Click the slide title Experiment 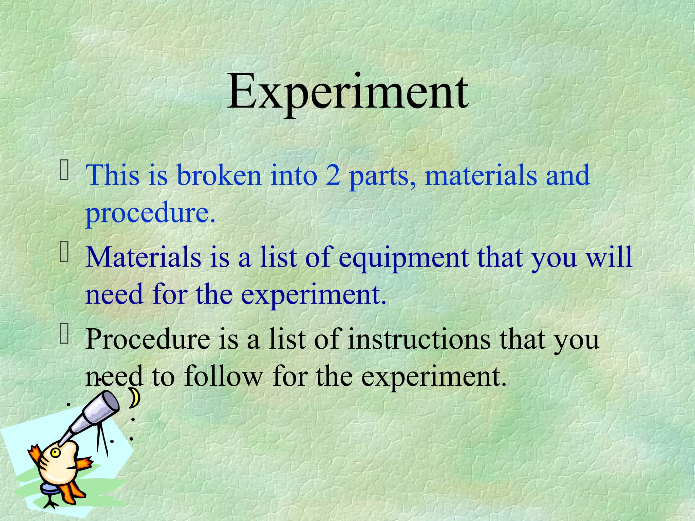coord(347,92)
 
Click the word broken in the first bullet coord(219,175)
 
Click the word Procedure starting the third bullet coord(148,339)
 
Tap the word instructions coord(419,339)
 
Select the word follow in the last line coord(223,376)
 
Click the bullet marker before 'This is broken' coord(64,171)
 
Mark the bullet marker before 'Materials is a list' coord(64,253)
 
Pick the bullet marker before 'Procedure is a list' coord(64,334)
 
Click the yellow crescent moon coord(135,398)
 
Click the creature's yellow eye coord(55,452)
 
